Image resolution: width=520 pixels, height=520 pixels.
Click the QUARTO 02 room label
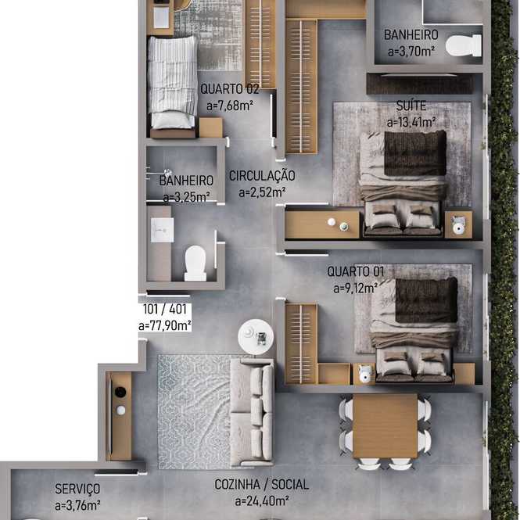point(229,89)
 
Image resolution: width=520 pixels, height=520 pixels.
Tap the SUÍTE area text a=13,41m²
point(411,122)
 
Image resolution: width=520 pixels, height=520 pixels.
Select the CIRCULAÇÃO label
point(262,176)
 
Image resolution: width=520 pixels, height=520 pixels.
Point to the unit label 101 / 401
point(165,310)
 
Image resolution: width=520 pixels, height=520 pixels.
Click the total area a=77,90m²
point(165,325)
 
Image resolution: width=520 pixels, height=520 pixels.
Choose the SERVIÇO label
point(77,489)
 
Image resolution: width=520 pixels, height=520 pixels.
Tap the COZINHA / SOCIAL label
point(262,485)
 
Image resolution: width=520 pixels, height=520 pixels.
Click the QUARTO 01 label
point(356,271)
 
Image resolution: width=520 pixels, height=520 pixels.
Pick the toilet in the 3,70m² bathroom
point(463,45)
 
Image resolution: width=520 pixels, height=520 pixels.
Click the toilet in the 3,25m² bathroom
point(195,264)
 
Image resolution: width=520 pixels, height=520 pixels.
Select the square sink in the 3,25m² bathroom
point(162,230)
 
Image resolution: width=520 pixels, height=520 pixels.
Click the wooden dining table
point(385,426)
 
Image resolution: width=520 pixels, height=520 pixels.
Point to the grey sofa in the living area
point(252,412)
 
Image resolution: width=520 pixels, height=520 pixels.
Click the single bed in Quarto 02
point(172,83)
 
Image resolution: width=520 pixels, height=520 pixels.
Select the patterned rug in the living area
point(194,412)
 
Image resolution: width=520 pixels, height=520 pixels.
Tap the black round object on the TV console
point(120,392)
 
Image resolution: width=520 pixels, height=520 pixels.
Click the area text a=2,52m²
point(262,192)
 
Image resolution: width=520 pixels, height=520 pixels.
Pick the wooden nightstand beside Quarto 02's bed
point(210,127)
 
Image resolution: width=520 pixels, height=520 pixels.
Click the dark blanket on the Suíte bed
point(415,153)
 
